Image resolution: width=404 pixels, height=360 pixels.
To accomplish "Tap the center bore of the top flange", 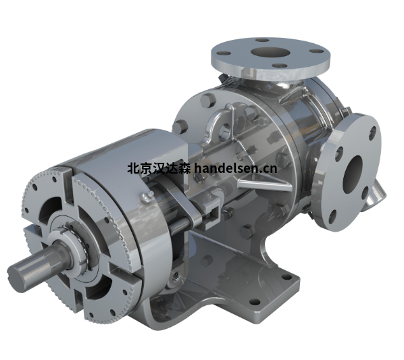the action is point(270,52).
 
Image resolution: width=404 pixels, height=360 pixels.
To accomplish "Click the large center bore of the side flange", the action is point(353,174).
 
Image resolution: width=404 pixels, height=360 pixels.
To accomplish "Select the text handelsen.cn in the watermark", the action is point(236,168).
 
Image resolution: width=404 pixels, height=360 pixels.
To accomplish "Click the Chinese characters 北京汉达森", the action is point(159,169).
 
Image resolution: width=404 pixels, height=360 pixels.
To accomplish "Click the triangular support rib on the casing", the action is point(263,183).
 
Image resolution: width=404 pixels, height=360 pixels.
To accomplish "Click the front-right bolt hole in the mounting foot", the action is point(255,301).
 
